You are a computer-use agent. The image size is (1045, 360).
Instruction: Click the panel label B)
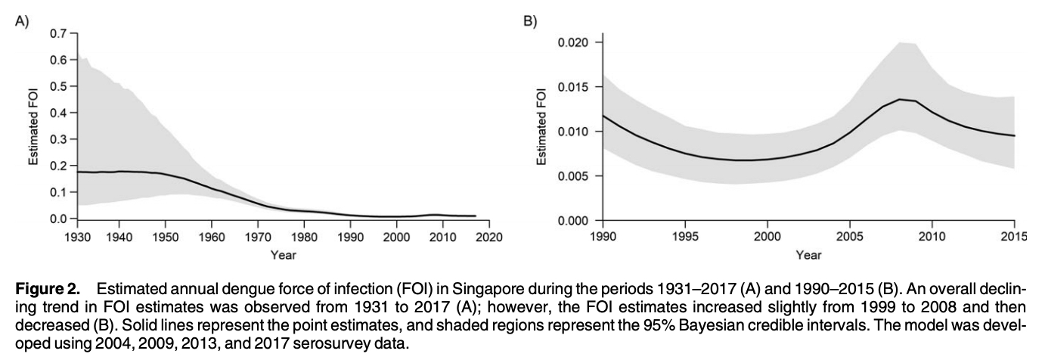coord(530,21)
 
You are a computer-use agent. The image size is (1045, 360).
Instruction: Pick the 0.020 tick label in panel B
coord(573,42)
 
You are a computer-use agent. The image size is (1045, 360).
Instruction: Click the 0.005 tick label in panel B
coord(573,176)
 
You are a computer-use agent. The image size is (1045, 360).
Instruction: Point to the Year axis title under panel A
coord(283,255)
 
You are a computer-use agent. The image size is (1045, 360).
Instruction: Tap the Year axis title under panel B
coord(808,255)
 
